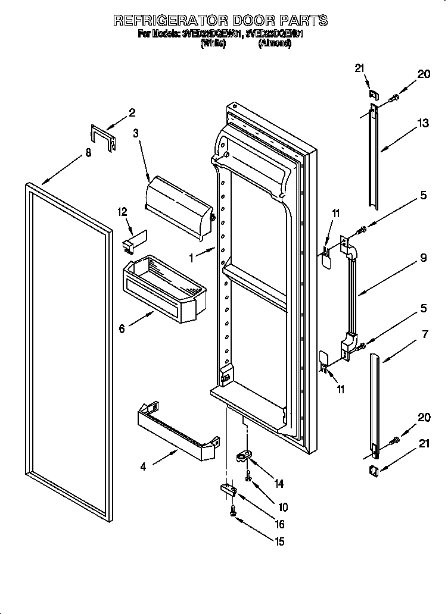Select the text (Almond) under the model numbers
click(x=275, y=43)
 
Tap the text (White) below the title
click(x=213, y=43)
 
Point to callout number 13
click(x=422, y=123)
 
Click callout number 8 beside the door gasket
click(x=88, y=153)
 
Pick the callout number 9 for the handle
click(x=422, y=258)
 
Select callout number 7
click(x=425, y=335)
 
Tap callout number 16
click(x=279, y=524)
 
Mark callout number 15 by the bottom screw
click(x=279, y=541)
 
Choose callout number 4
click(x=143, y=467)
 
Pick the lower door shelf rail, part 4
click(x=176, y=431)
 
